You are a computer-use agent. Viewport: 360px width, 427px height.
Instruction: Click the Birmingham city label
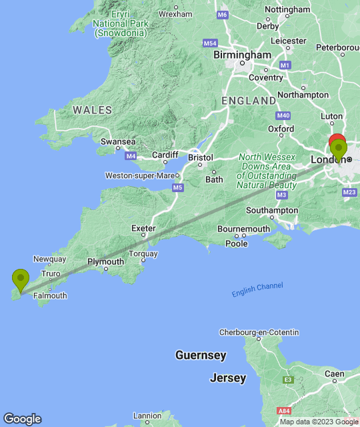[x=242, y=55]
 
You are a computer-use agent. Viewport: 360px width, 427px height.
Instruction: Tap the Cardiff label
[x=165, y=155]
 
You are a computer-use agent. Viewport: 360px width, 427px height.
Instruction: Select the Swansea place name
[x=118, y=141]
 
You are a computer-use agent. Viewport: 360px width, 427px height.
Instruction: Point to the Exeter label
[x=143, y=228]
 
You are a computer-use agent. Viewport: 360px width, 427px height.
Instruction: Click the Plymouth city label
[x=106, y=262]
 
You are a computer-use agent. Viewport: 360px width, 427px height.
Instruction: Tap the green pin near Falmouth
[x=21, y=279]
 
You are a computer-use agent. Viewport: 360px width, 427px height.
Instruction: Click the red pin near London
[x=337, y=142]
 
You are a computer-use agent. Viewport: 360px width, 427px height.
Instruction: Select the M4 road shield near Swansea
[x=131, y=156]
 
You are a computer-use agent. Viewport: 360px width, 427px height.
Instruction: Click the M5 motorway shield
[x=177, y=188]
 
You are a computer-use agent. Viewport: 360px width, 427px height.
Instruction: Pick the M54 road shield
[x=210, y=43]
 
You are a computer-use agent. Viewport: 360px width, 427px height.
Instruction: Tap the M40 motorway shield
[x=283, y=115]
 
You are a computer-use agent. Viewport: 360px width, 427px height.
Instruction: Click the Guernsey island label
[x=201, y=355]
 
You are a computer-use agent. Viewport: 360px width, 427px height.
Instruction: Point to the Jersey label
[x=228, y=378]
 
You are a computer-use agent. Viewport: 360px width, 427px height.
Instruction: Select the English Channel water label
[x=257, y=290]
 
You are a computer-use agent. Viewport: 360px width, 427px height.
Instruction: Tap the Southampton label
[x=271, y=210]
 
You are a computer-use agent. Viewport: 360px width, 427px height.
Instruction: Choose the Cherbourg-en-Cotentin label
[x=260, y=332]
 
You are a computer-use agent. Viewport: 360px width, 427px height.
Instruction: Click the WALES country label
[x=93, y=109]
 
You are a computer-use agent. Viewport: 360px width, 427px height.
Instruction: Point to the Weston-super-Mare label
[x=139, y=175]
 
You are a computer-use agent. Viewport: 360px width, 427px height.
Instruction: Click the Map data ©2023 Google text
[x=319, y=422]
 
